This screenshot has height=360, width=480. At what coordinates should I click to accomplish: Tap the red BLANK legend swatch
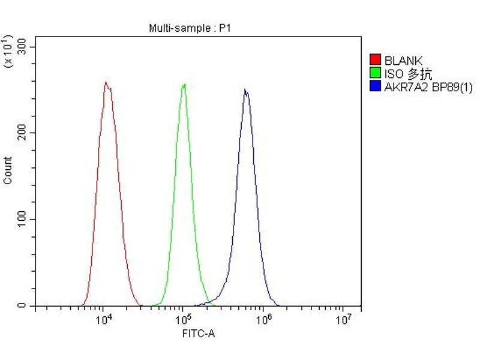(x=376, y=60)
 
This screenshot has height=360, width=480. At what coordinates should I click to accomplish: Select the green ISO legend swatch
(x=376, y=74)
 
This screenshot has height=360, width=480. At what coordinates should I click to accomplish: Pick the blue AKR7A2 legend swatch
(x=376, y=88)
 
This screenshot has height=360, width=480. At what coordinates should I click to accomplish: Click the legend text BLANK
(x=403, y=60)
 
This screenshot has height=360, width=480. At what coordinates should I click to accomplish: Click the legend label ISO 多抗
(x=408, y=74)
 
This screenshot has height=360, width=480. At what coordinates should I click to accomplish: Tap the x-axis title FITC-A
(x=198, y=333)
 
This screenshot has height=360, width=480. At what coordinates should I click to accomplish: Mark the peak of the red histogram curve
(x=106, y=82)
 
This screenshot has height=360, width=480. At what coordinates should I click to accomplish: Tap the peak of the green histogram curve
(x=184, y=84)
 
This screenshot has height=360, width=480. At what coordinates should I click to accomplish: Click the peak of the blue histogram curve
(x=245, y=90)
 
